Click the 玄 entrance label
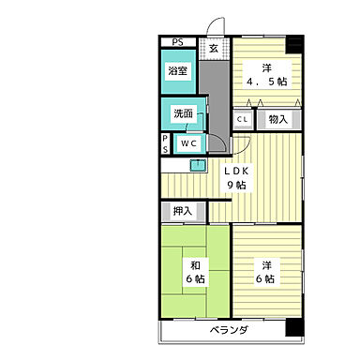click(214, 48)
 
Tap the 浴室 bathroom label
click(179, 70)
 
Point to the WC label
click(187, 143)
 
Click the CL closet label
click(242, 119)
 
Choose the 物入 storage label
click(277, 119)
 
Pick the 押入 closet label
click(182, 211)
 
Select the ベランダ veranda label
click(228, 331)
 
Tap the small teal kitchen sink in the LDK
click(198, 165)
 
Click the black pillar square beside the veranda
click(295, 329)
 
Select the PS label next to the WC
click(165, 143)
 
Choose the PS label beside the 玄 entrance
click(176, 41)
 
